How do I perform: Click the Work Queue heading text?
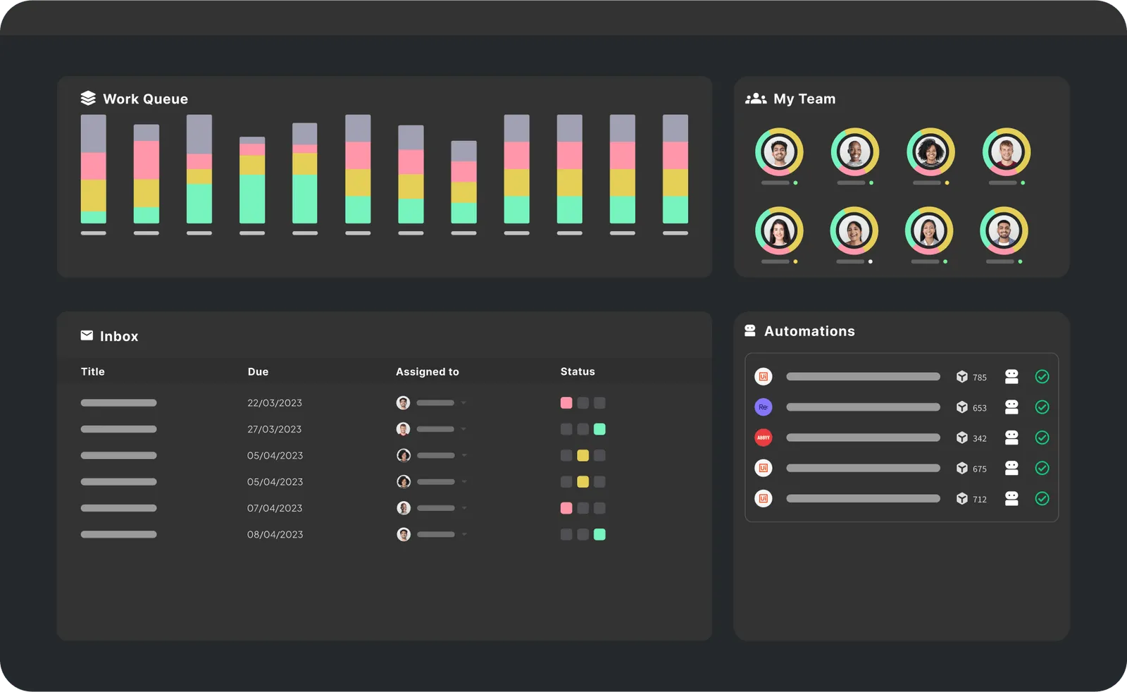click(x=145, y=99)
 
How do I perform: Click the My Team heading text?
click(x=804, y=99)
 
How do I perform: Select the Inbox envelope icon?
click(x=87, y=335)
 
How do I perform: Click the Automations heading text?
click(x=809, y=331)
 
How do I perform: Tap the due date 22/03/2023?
click(x=274, y=403)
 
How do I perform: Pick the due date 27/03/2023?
click(x=274, y=429)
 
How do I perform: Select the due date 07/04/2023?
click(x=274, y=508)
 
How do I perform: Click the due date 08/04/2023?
click(x=275, y=534)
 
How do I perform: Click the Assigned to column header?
click(x=427, y=371)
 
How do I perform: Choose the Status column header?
click(x=577, y=371)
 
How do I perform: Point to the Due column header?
click(x=258, y=371)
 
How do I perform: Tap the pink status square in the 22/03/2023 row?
click(x=566, y=403)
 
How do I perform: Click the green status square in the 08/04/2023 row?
click(x=599, y=534)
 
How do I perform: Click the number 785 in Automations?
click(x=979, y=378)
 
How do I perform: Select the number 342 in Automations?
click(x=979, y=438)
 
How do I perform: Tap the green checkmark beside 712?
click(x=1042, y=499)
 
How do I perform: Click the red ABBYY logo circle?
click(x=763, y=438)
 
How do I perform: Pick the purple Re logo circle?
click(x=763, y=407)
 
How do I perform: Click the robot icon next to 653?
click(x=1011, y=407)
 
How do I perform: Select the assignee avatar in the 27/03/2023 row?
click(x=403, y=429)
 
